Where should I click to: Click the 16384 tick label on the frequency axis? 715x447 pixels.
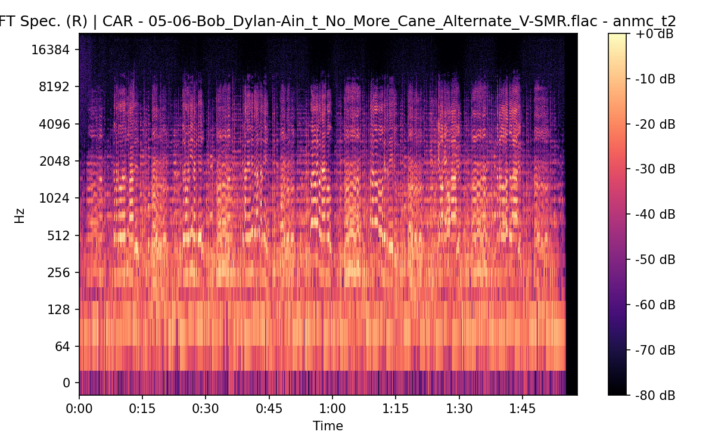tap(50, 49)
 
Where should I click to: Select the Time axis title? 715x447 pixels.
tap(328, 426)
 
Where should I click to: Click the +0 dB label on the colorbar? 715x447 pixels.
tap(654, 34)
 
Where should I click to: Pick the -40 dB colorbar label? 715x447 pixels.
tap(655, 214)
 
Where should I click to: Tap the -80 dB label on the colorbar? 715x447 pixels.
tap(655, 395)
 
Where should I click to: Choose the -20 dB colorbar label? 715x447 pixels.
tap(655, 124)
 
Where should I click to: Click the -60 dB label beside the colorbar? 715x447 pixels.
tap(655, 305)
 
